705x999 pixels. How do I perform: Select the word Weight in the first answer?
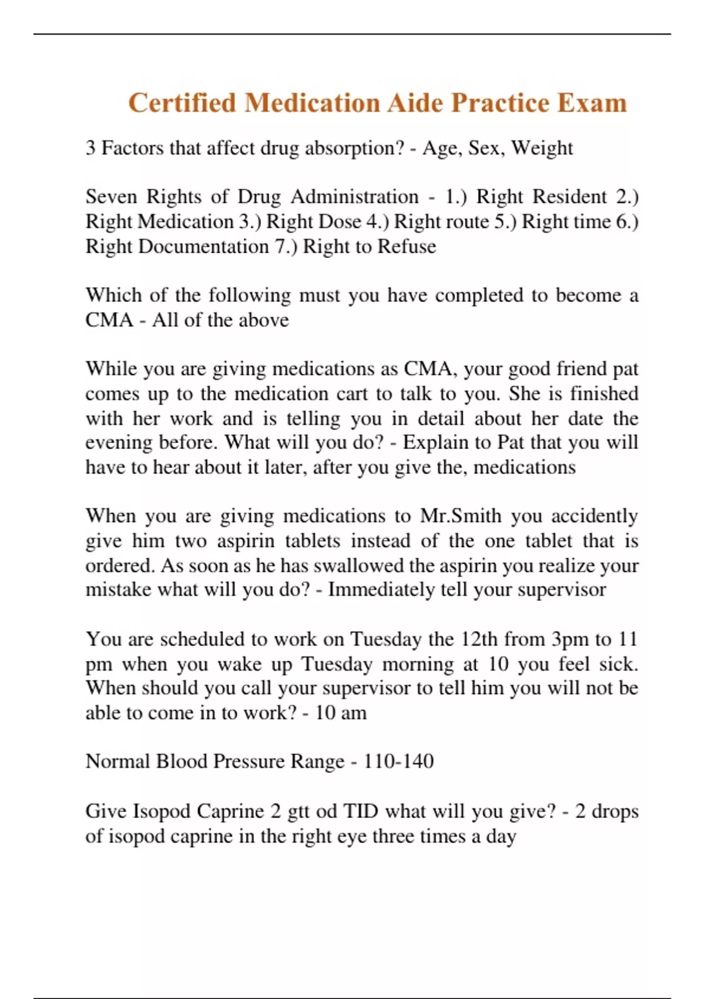pyautogui.click(x=542, y=148)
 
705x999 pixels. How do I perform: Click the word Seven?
pyautogui.click(x=111, y=196)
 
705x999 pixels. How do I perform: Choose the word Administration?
pyautogui.click(x=354, y=196)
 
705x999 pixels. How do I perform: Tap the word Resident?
pyautogui.click(x=570, y=196)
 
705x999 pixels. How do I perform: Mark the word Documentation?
pyautogui.click(x=203, y=246)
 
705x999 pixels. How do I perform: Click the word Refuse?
pyautogui.click(x=407, y=246)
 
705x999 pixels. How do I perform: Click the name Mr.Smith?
pyautogui.click(x=461, y=516)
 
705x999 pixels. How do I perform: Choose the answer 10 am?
pyautogui.click(x=341, y=713)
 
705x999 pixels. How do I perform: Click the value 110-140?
pyautogui.click(x=398, y=762)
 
